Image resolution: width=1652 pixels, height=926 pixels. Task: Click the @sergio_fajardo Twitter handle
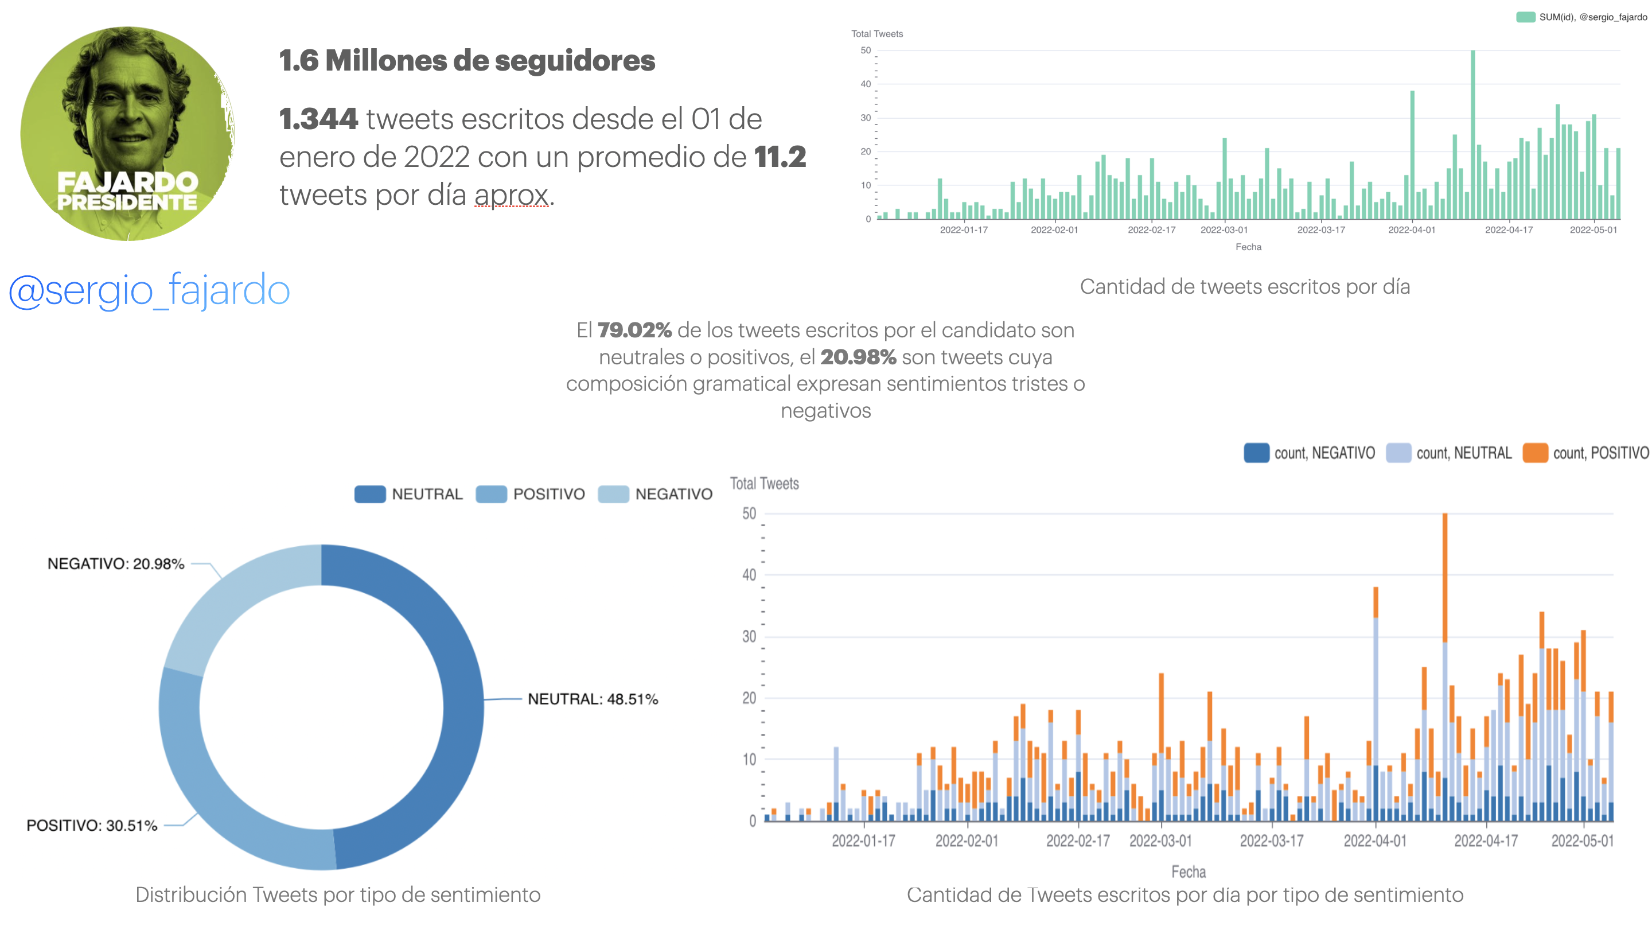point(149,290)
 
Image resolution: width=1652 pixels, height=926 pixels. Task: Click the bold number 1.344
point(319,119)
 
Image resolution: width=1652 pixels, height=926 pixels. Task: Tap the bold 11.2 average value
point(780,157)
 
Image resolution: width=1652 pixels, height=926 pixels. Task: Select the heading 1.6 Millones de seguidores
point(467,61)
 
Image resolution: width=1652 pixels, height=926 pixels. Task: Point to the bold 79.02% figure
point(634,330)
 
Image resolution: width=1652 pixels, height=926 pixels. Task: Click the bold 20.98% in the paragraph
point(858,357)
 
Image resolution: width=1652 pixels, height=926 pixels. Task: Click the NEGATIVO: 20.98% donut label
point(116,563)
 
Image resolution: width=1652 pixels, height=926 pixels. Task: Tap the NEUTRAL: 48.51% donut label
point(593,699)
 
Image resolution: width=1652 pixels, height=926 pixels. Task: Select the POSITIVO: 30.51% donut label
point(92,826)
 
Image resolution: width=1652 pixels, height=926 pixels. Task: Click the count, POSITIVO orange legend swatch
point(1536,453)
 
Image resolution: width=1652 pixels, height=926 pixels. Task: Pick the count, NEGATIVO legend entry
point(1310,453)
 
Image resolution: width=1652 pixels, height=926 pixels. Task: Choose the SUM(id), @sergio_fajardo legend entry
point(1581,17)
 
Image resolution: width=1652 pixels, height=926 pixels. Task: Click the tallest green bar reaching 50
point(1473,135)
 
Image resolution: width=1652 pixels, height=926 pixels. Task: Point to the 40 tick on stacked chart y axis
point(749,574)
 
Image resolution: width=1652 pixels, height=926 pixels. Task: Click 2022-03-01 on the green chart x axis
point(1224,229)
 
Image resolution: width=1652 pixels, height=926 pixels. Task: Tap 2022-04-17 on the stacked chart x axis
point(1486,841)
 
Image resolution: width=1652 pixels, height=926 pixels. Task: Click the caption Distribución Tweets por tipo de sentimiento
point(338,894)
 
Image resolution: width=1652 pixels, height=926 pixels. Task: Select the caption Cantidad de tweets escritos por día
point(1245,287)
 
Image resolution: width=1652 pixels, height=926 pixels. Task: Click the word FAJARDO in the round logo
point(127,182)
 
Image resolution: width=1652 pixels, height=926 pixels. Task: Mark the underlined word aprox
point(512,196)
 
